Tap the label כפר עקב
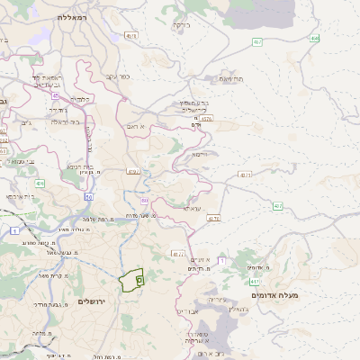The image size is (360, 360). click(118, 76)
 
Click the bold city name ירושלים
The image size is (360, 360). click(92, 301)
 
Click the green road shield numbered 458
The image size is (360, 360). click(314, 39)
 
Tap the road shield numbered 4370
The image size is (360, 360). click(213, 218)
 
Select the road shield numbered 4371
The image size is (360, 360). click(245, 174)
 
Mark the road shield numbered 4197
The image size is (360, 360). click(133, 170)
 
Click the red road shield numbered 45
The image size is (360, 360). click(55, 95)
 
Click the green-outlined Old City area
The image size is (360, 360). click(131, 279)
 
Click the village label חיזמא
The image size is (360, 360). click(199, 154)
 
